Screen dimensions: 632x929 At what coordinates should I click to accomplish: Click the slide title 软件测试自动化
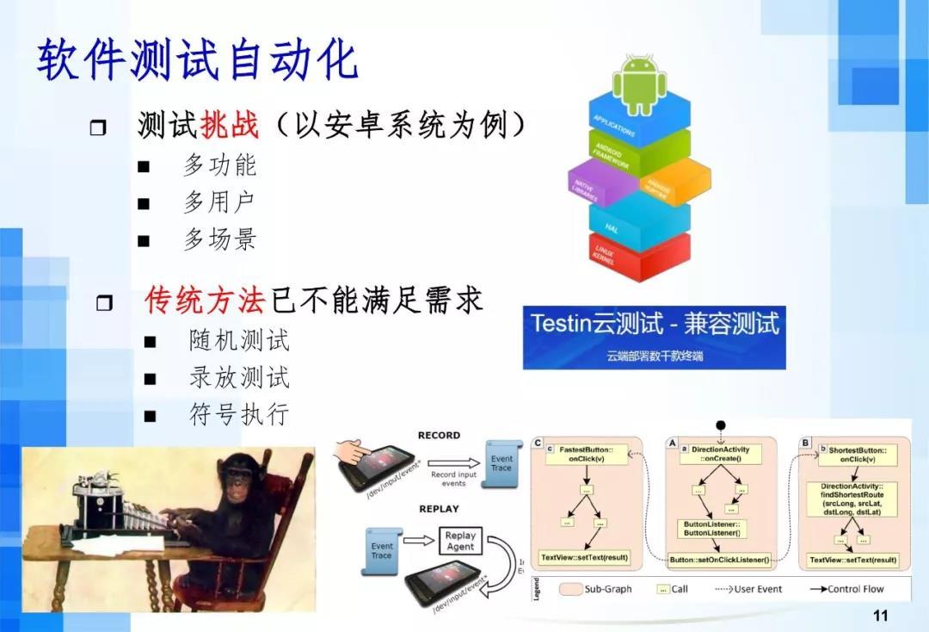(x=197, y=60)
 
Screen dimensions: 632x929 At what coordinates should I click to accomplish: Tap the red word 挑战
(x=229, y=126)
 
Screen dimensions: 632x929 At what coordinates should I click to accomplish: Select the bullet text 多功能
(x=219, y=165)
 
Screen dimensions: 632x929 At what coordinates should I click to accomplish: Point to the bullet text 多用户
(x=219, y=202)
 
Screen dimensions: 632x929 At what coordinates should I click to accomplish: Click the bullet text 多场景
(x=219, y=239)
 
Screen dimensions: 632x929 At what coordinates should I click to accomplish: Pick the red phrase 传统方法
(x=204, y=300)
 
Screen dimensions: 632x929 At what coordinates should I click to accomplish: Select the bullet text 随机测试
(x=239, y=340)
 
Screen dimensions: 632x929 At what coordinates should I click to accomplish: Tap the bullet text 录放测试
(x=239, y=377)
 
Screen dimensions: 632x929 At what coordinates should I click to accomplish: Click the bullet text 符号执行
(x=239, y=414)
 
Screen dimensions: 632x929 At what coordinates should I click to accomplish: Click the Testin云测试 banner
(x=654, y=337)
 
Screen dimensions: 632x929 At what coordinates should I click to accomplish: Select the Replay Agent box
(x=460, y=542)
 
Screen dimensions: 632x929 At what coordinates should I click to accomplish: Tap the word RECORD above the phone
(x=439, y=436)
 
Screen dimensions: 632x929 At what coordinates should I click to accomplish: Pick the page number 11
(x=879, y=615)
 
